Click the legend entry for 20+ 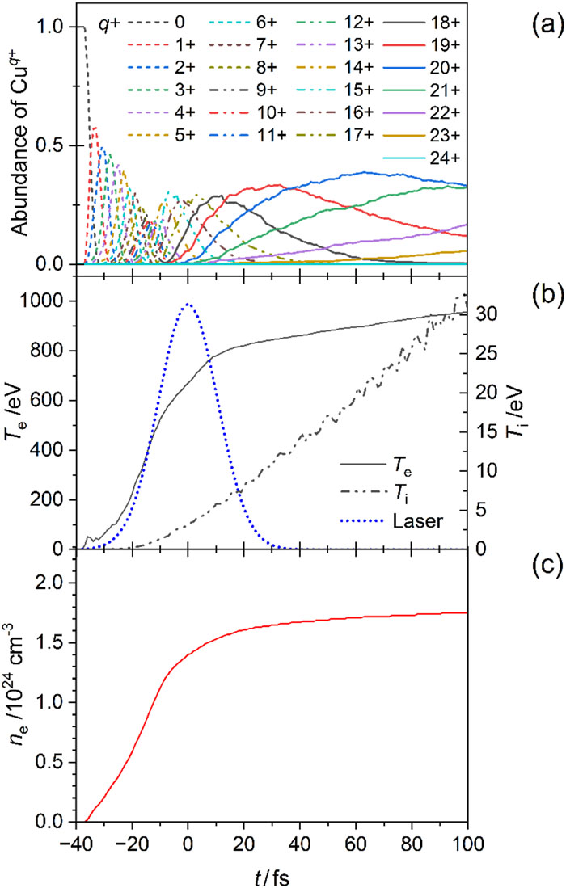(421, 67)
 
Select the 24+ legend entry (421, 158)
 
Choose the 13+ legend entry (335, 67)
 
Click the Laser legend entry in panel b (391, 520)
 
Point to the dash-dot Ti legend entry (378, 495)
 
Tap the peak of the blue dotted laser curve (188, 304)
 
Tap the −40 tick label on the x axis (74, 843)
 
